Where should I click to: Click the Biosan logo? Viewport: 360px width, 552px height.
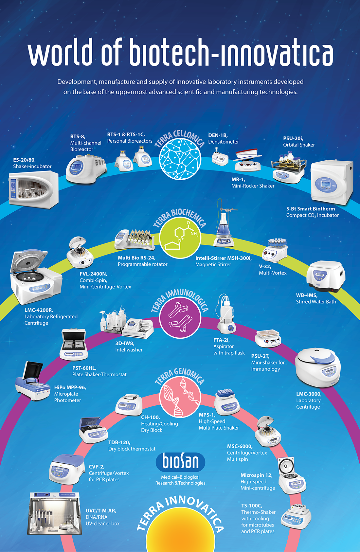(x=180, y=461)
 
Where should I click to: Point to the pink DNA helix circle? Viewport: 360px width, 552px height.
(x=180, y=397)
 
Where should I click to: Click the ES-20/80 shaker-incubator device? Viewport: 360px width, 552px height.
(x=33, y=189)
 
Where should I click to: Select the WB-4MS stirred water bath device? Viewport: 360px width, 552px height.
(x=326, y=276)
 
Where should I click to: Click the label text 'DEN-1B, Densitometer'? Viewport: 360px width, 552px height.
(x=224, y=138)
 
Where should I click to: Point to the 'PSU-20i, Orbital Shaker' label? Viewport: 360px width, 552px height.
(x=299, y=141)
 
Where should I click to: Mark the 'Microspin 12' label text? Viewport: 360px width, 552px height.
(x=257, y=475)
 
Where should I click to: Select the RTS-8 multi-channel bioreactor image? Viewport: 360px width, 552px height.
(x=86, y=169)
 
